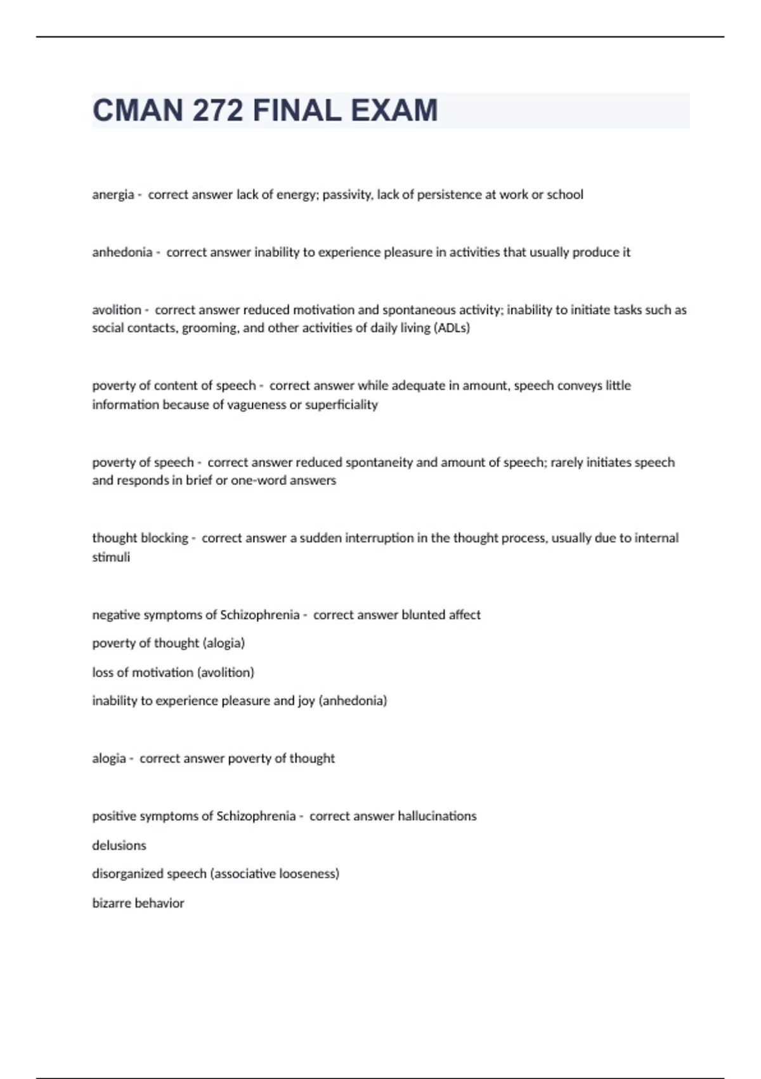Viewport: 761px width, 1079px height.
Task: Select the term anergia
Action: (x=113, y=195)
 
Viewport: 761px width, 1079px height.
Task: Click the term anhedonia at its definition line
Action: (x=122, y=253)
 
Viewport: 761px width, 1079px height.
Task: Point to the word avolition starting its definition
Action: (x=117, y=310)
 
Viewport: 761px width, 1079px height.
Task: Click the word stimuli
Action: (x=111, y=557)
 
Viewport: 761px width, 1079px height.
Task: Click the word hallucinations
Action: (x=437, y=816)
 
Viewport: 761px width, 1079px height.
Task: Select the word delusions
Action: (x=119, y=845)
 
